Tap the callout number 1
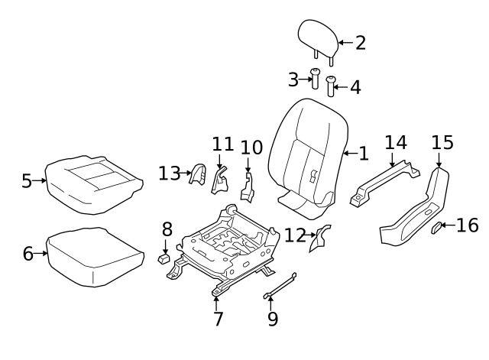tap(363, 154)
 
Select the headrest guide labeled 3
tap(315, 79)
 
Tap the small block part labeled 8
tap(164, 258)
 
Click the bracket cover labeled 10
tap(248, 187)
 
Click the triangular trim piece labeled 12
tap(319, 238)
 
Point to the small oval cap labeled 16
tap(438, 226)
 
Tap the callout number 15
tap(442, 142)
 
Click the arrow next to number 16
tap(451, 225)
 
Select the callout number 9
tap(273, 318)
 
